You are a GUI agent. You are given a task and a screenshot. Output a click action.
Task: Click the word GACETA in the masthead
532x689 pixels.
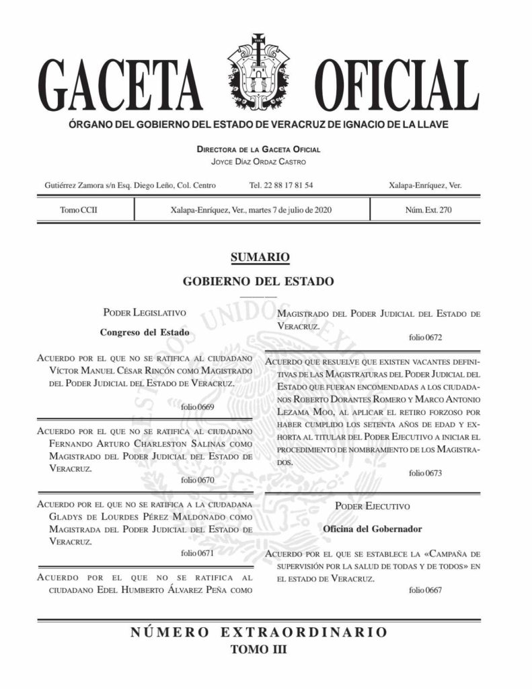[124, 88]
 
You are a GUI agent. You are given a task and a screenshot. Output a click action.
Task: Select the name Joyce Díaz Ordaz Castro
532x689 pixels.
[258, 162]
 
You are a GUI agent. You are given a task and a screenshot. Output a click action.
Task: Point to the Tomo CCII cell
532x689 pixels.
[79, 211]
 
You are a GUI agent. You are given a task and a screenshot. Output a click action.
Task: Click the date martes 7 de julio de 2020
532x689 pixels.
[289, 211]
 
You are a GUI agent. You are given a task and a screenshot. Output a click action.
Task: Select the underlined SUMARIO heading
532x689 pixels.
[259, 256]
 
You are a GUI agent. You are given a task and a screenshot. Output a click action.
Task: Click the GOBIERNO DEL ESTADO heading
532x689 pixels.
[259, 281]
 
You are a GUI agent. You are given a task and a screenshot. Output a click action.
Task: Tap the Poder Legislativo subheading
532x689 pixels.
[144, 312]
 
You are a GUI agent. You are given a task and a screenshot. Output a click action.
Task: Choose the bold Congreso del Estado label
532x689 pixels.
[144, 332]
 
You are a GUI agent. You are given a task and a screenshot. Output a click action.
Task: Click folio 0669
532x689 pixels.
[197, 407]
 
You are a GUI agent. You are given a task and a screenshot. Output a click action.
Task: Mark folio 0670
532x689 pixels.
[197, 480]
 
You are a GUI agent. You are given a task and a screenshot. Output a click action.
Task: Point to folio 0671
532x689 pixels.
[197, 553]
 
